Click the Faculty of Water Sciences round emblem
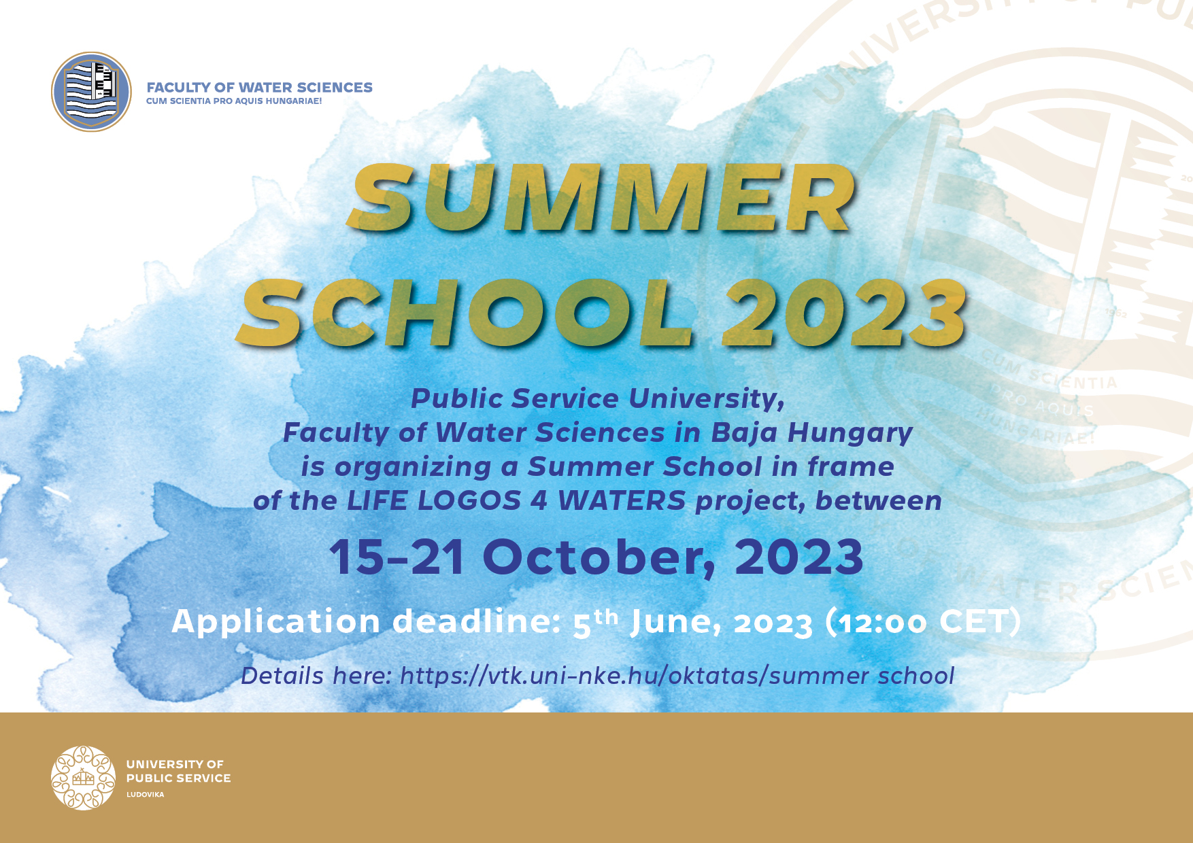(x=91, y=92)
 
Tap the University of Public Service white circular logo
(x=83, y=778)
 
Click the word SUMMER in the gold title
(x=603, y=198)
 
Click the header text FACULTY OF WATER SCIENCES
(x=260, y=87)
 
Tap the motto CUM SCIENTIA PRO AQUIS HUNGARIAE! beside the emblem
(x=234, y=101)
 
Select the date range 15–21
(x=397, y=557)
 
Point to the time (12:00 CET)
(x=923, y=621)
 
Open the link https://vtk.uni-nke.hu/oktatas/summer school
(x=677, y=676)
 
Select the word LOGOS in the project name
(x=468, y=501)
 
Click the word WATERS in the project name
(x=622, y=501)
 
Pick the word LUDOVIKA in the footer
(x=146, y=795)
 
